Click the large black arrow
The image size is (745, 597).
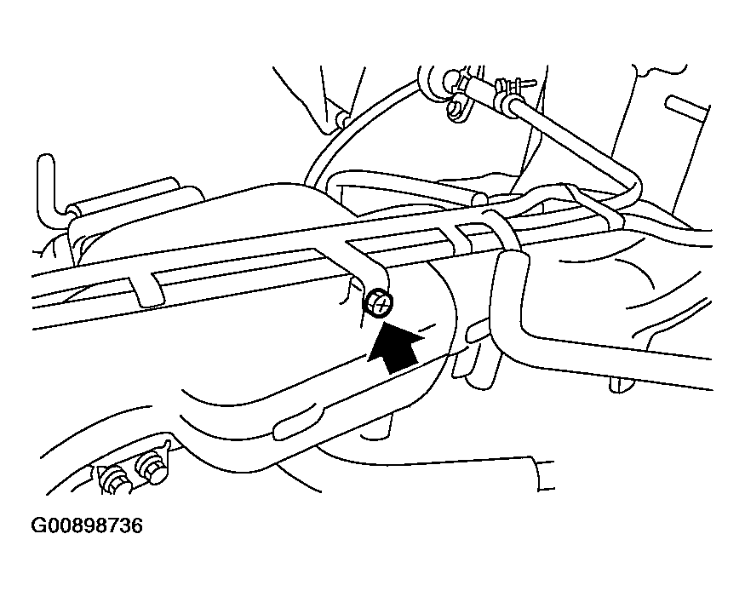(x=395, y=347)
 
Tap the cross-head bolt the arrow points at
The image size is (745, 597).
(x=381, y=302)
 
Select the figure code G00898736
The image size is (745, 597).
(x=87, y=526)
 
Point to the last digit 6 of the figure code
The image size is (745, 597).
(x=135, y=526)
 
